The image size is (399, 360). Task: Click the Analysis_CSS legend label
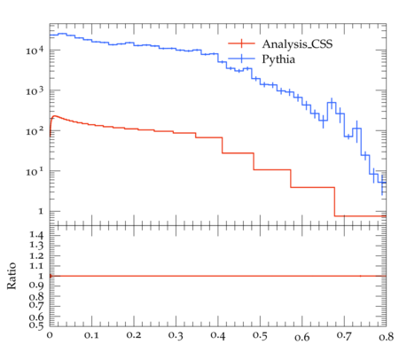coord(297,44)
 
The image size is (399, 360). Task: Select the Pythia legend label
coord(278,59)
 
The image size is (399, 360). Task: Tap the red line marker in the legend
coord(241,43)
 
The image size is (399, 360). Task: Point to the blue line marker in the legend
coord(241,59)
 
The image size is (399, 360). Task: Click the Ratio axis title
coord(12,276)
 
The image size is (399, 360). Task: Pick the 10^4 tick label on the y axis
coord(35,51)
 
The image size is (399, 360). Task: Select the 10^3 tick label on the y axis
coord(35,90)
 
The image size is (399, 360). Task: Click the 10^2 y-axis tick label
coord(35,131)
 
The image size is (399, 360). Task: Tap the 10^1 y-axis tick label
coord(35,171)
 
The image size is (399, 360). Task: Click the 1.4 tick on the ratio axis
coord(36,236)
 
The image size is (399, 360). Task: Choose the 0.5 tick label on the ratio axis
coord(36,325)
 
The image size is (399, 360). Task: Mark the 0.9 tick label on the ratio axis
coord(36,286)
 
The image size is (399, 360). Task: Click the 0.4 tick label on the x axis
coord(218,335)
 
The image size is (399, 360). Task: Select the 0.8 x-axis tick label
coord(387,336)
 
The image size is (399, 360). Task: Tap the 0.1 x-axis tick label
coord(91,335)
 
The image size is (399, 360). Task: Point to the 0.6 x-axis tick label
coord(302,337)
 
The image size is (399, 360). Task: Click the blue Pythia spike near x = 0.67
coord(332,103)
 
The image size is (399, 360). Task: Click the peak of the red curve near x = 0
coord(55,116)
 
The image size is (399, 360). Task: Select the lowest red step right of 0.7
coord(360,216)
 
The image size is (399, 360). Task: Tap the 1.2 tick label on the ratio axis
coord(36,255)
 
